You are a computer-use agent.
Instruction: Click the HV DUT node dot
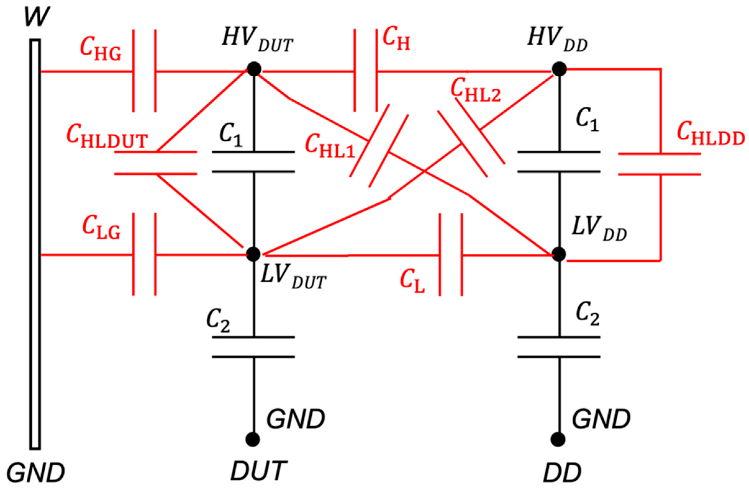click(x=254, y=69)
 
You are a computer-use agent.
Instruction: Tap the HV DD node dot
click(x=559, y=69)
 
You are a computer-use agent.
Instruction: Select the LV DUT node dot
click(x=253, y=254)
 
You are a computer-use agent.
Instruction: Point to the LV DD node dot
click(x=559, y=254)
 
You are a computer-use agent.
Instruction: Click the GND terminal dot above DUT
click(x=253, y=439)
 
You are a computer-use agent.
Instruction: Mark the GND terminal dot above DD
click(x=559, y=439)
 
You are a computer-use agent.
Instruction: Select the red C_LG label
click(x=101, y=228)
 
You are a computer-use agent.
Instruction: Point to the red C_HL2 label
click(x=476, y=91)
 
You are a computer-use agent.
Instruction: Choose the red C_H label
click(x=396, y=41)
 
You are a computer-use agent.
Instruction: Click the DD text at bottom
click(x=562, y=471)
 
